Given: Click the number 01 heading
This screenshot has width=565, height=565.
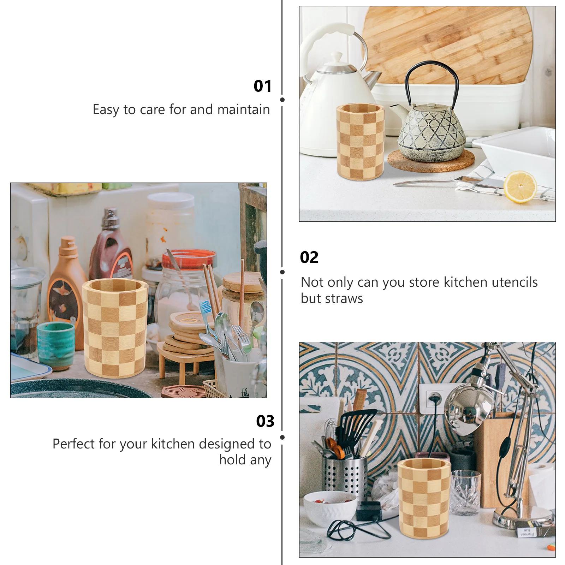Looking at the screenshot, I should pyautogui.click(x=262, y=86).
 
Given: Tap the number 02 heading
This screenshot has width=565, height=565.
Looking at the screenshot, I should pyautogui.click(x=309, y=257).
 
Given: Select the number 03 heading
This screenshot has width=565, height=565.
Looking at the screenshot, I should pyautogui.click(x=265, y=421).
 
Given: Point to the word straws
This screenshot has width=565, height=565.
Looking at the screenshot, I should pyautogui.click(x=344, y=299).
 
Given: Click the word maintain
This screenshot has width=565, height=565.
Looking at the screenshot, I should pyautogui.click(x=243, y=110).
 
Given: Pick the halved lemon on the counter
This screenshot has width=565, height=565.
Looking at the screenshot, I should pyautogui.click(x=519, y=187).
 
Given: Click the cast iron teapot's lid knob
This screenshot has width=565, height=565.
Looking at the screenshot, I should pyautogui.click(x=432, y=105).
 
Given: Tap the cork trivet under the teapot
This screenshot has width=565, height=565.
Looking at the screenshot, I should pyautogui.click(x=431, y=161).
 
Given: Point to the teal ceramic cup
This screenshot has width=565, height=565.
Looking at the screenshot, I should pyautogui.click(x=56, y=344).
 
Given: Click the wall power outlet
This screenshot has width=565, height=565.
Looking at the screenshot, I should pyautogui.click(x=433, y=399).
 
